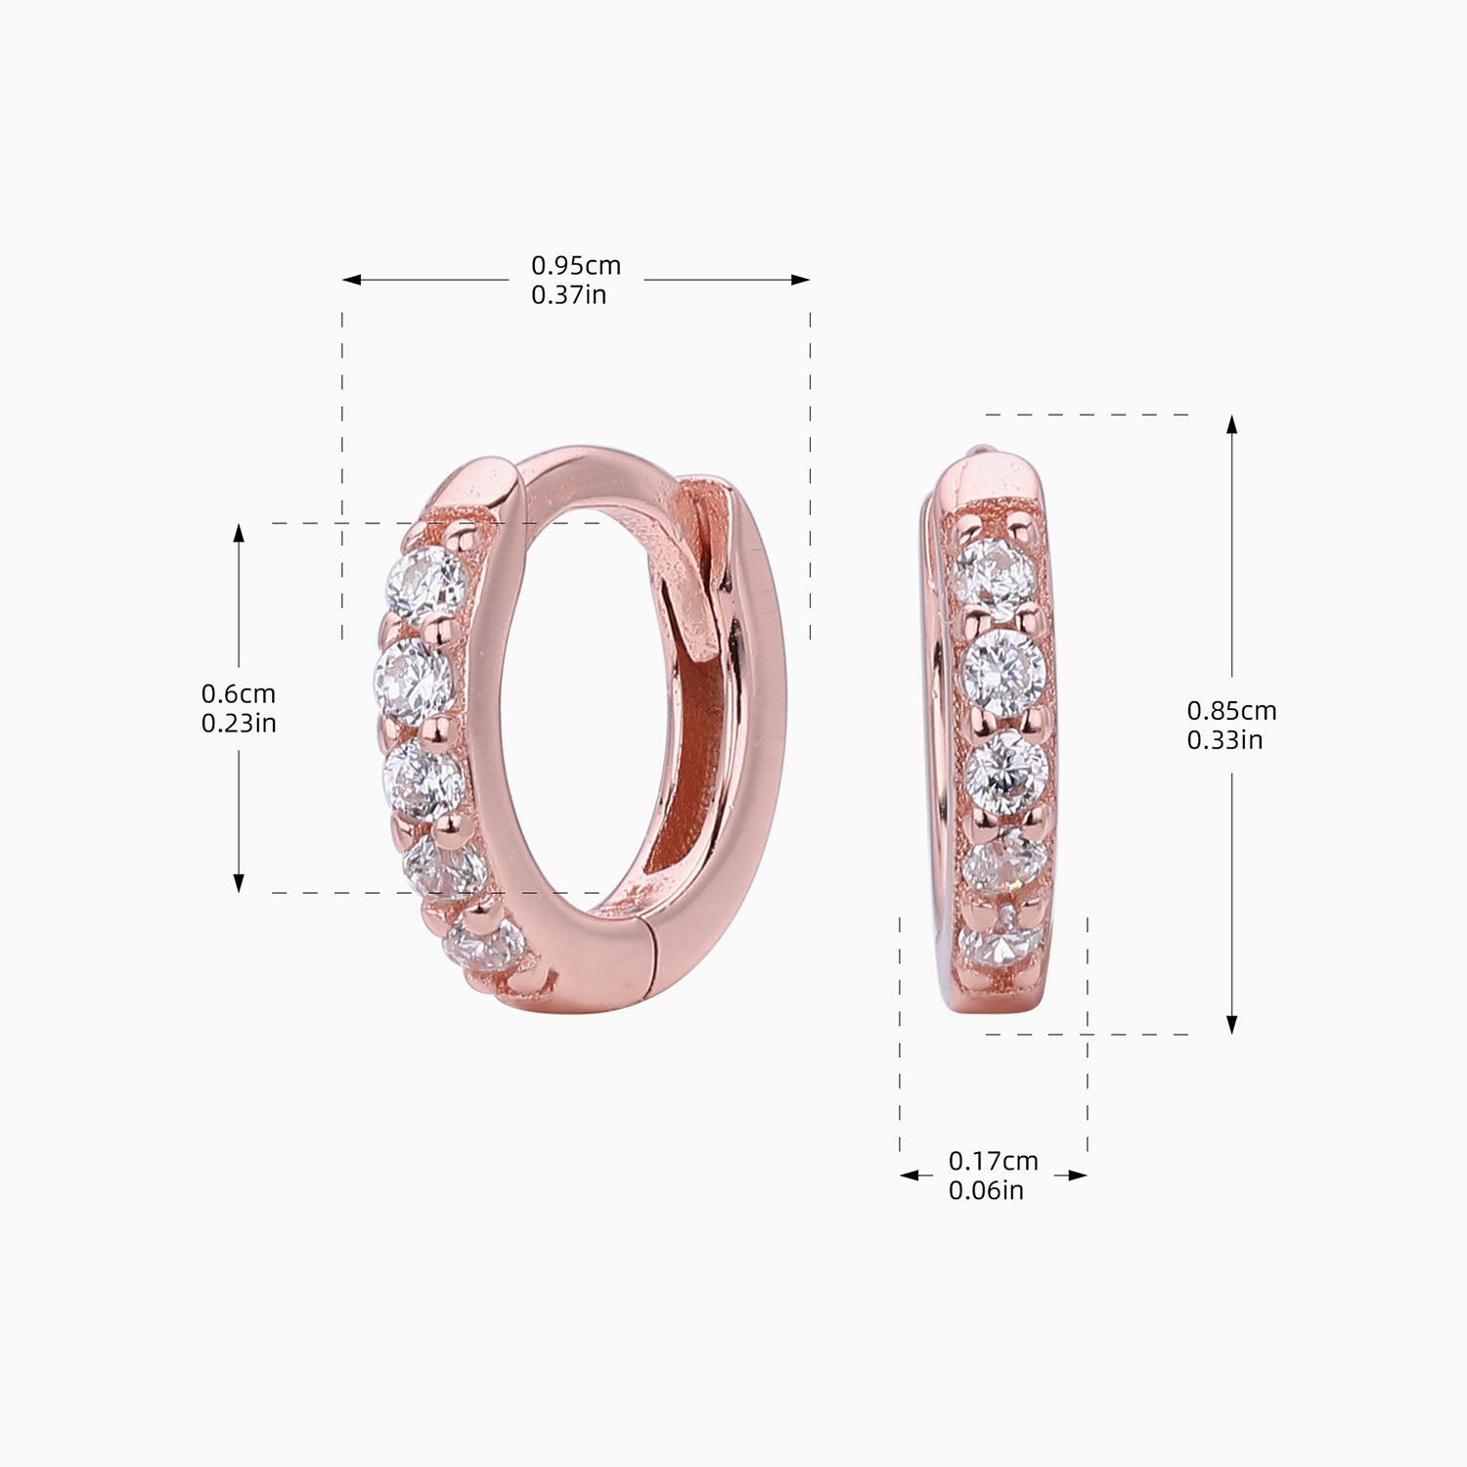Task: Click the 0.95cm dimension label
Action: click(576, 265)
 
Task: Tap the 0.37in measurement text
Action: click(568, 294)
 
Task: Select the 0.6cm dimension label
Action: click(239, 693)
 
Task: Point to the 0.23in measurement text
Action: click(239, 723)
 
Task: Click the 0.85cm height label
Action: click(1231, 710)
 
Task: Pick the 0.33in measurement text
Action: click(1224, 739)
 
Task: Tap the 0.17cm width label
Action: click(993, 1161)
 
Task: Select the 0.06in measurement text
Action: click(986, 1190)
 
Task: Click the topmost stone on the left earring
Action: click(425, 585)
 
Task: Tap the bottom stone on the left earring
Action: click(482, 945)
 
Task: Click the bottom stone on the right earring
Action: click(1000, 944)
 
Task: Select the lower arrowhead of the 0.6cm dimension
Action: click(239, 882)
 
